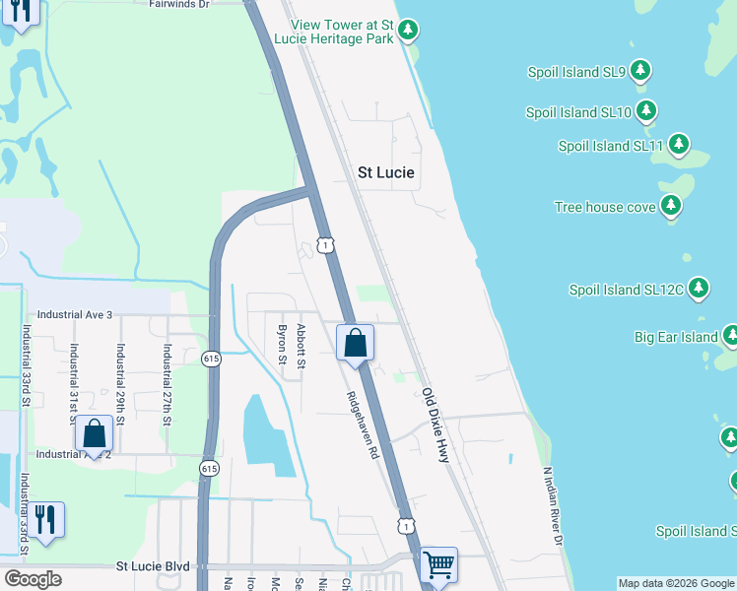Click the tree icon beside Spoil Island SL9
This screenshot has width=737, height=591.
[x=640, y=70]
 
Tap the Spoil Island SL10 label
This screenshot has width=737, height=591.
[x=578, y=112]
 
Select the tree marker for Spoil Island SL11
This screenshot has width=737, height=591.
[x=678, y=145]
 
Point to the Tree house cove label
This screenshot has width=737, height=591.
[x=604, y=207]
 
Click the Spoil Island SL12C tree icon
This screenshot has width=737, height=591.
[x=699, y=289]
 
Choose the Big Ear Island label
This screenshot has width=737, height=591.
[x=675, y=337]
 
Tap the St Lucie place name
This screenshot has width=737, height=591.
[x=385, y=172]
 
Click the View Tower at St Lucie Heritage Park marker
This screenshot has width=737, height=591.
[x=408, y=31]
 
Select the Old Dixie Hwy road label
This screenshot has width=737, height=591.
[x=440, y=425]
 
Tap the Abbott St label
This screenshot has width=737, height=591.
[x=301, y=348]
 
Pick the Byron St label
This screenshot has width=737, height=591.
[x=282, y=345]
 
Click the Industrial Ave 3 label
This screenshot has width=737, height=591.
[x=75, y=314]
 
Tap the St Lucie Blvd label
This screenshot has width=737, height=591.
[x=152, y=566]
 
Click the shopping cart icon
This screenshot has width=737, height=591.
[x=438, y=565]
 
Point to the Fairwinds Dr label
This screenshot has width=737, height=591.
[x=179, y=4]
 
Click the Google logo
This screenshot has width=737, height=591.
[x=33, y=579]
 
